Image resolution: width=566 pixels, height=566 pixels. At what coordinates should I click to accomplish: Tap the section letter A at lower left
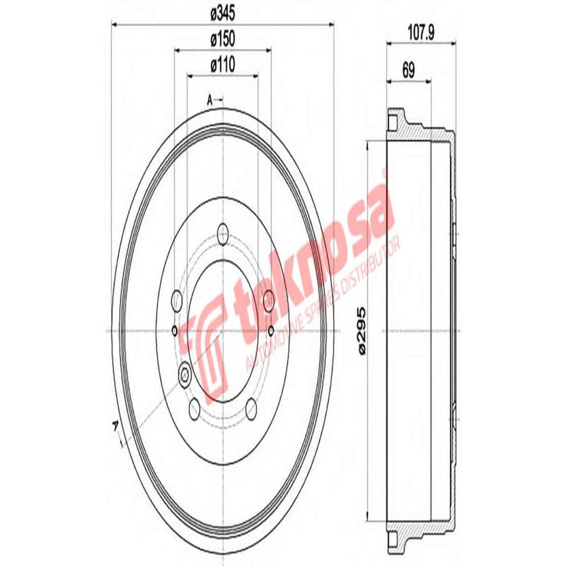115,424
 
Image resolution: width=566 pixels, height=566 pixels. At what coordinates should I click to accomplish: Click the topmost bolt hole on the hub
223,231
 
